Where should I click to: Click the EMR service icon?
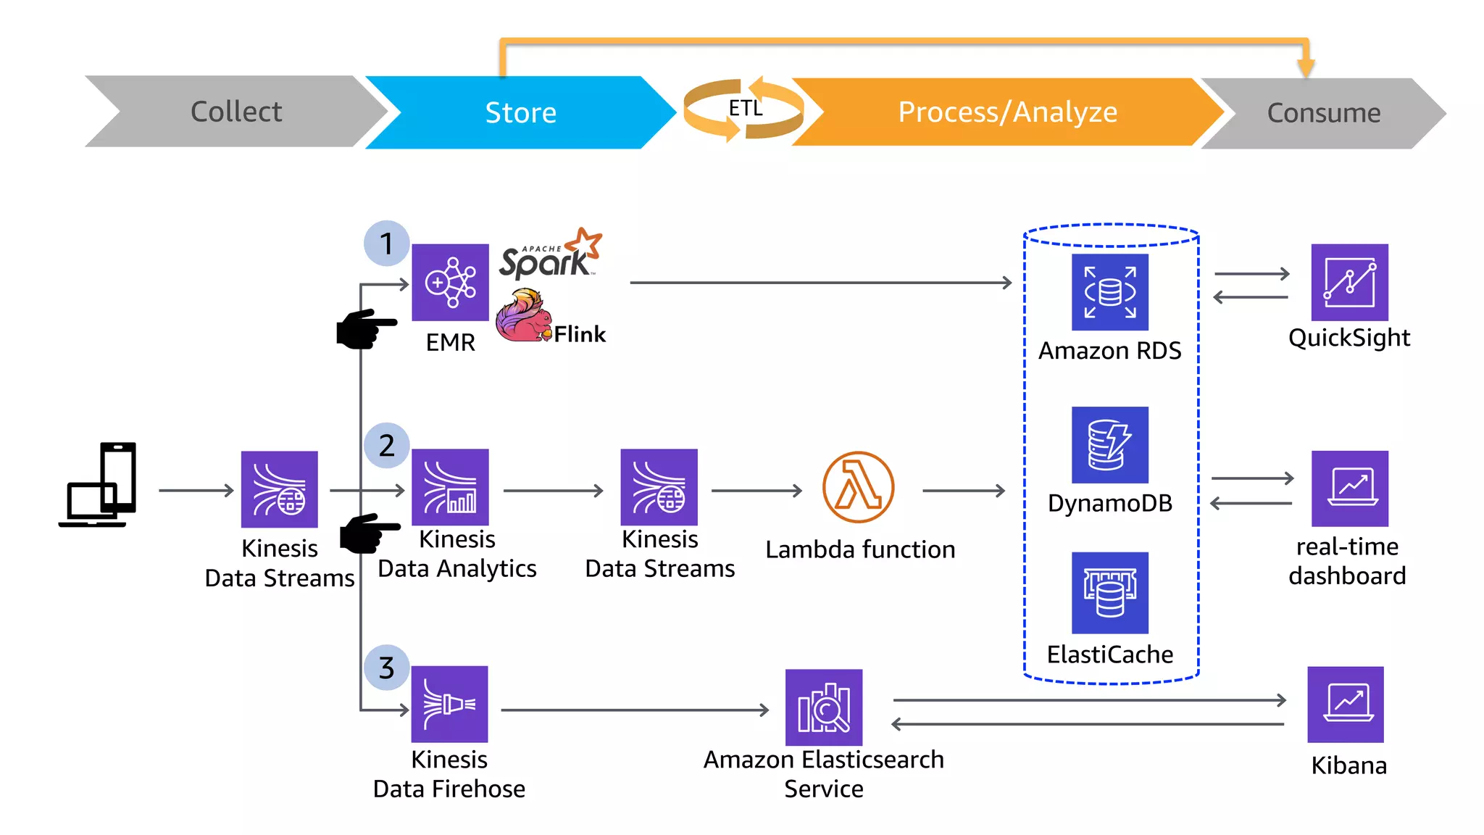[x=450, y=282]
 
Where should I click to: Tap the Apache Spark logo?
[x=549, y=255]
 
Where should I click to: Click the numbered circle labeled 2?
[x=386, y=445]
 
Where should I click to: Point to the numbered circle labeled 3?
[x=386, y=668]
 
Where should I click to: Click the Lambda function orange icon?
[x=858, y=487]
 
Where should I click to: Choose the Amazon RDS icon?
[x=1109, y=292]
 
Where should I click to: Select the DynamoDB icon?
[x=1109, y=444]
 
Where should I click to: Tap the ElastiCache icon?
[x=1109, y=592]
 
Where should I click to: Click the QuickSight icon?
[x=1349, y=282]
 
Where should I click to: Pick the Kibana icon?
[x=1345, y=704]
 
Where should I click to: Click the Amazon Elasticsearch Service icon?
[x=824, y=707]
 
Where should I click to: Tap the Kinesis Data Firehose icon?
[x=449, y=704]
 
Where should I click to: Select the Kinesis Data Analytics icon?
[x=450, y=487]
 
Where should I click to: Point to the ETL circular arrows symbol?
[x=744, y=109]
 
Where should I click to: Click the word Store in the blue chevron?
[x=520, y=113]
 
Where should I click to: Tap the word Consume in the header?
[x=1323, y=113]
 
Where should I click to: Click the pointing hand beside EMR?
[x=364, y=328]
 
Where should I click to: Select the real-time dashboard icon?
[x=1349, y=488]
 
